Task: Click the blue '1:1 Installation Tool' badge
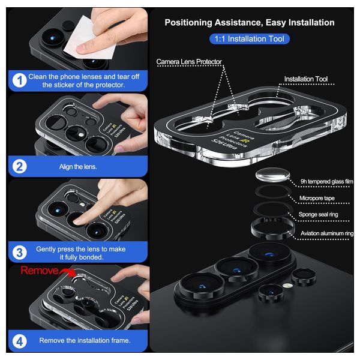click(250, 39)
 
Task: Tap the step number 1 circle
click(20, 80)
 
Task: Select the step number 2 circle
click(20, 166)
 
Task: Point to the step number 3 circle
click(20, 253)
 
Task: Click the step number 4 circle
click(20, 341)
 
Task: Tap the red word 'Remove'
click(39, 271)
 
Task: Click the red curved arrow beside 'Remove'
click(67, 272)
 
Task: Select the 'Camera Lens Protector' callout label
click(189, 62)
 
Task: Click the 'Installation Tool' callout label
click(306, 79)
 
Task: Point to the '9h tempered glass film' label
click(327, 182)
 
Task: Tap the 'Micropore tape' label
click(317, 198)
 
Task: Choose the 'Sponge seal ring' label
click(318, 214)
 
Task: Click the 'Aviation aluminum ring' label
click(327, 233)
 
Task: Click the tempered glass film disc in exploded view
click(272, 175)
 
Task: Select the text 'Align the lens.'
click(78, 167)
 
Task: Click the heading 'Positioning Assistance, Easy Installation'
click(250, 23)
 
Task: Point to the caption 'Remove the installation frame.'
click(85, 340)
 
